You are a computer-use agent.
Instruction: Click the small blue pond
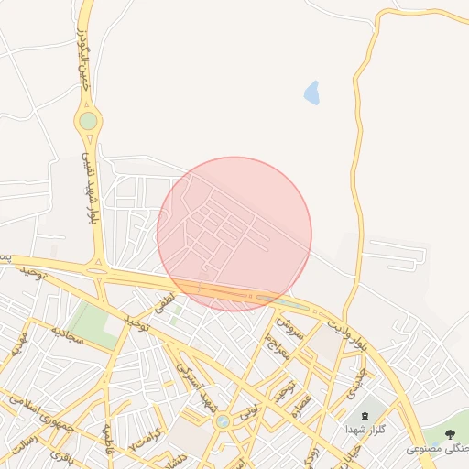pyautogui.click(x=311, y=93)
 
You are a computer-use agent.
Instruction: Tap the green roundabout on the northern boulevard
pyautogui.click(x=88, y=120)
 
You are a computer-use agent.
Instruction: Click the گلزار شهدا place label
pyautogui.click(x=365, y=429)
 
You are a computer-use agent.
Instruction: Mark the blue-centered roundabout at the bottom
pyautogui.click(x=223, y=421)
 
